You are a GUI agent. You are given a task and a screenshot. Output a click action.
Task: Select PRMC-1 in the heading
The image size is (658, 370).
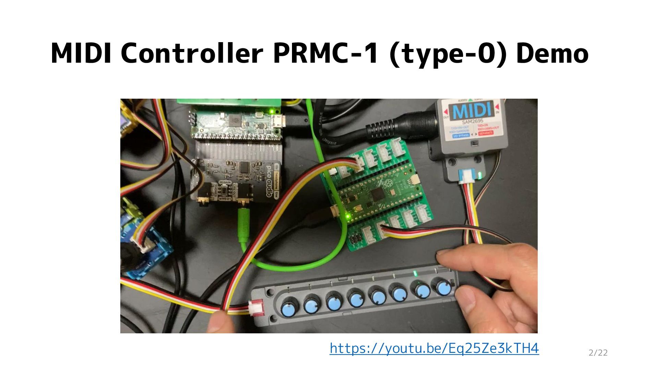pyautogui.click(x=325, y=53)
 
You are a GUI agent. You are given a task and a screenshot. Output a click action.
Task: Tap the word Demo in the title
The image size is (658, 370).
pyautogui.click(x=552, y=53)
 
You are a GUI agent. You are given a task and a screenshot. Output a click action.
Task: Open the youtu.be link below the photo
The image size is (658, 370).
pyautogui.click(x=434, y=348)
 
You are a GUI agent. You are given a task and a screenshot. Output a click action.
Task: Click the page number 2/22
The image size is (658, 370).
pyautogui.click(x=598, y=353)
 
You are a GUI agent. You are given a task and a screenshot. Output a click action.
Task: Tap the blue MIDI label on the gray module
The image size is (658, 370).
pyautogui.click(x=474, y=111)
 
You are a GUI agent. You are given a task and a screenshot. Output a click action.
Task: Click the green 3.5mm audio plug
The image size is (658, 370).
pyautogui.click(x=243, y=226)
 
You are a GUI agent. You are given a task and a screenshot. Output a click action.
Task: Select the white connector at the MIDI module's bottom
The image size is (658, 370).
pyautogui.click(x=467, y=177)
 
